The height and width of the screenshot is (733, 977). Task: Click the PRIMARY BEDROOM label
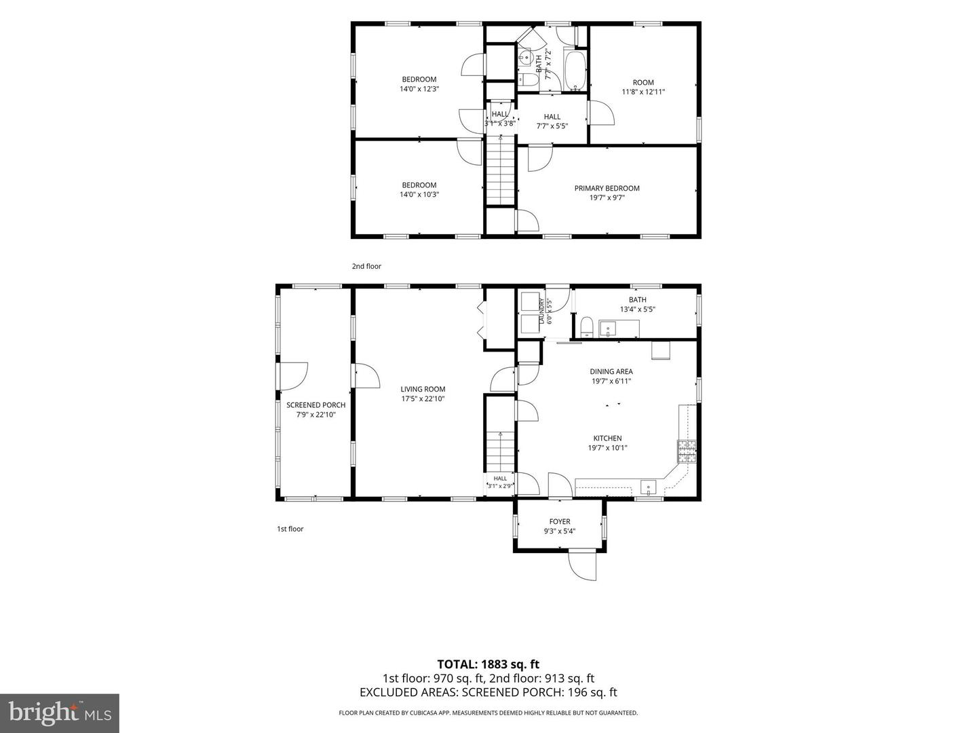[607, 188]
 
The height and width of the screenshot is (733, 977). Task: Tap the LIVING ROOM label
[423, 389]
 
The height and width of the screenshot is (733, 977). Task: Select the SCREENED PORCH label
[315, 405]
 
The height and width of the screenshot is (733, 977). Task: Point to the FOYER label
[560, 522]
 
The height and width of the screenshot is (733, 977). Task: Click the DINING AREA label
[611, 371]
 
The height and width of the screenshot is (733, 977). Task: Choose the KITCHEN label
[607, 438]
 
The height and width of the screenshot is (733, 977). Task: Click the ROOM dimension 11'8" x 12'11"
[643, 92]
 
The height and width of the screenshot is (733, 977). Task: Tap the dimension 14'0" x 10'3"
[419, 195]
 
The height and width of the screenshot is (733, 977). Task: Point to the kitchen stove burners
[687, 451]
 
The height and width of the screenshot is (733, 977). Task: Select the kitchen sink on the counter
[648, 487]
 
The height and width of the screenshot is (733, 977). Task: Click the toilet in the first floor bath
[587, 326]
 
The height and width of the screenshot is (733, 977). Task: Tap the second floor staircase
[500, 172]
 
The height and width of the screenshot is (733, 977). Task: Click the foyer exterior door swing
[582, 566]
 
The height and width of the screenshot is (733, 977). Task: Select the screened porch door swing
[294, 377]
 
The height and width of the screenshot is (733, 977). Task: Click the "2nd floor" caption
[366, 266]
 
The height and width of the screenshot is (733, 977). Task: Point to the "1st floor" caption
[290, 529]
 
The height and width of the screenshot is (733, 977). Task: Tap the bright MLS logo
[60, 713]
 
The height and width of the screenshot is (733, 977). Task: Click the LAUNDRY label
[541, 311]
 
